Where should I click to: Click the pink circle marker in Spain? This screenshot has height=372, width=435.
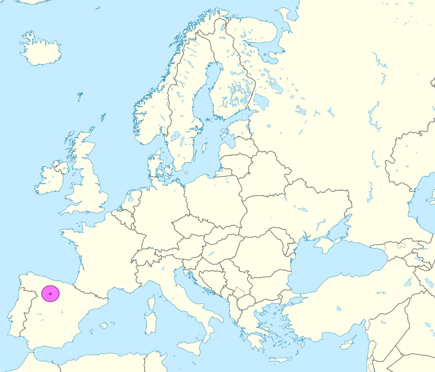click(x=51, y=293)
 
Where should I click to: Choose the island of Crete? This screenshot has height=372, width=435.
click(x=281, y=359)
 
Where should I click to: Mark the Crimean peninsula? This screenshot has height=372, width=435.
click(x=325, y=245)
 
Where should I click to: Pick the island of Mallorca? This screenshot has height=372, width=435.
click(x=103, y=326)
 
